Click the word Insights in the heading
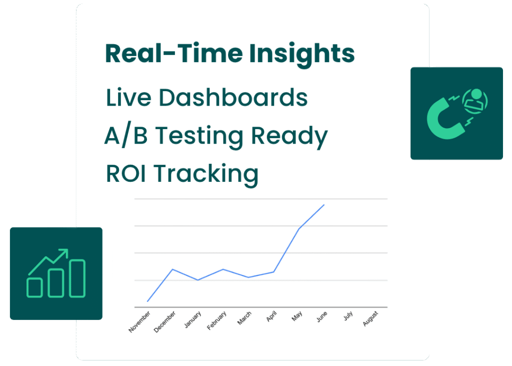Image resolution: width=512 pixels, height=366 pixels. (301, 55)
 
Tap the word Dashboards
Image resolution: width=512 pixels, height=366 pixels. (233, 98)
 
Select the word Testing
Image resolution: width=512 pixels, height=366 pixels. (199, 136)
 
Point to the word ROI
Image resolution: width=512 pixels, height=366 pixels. (125, 173)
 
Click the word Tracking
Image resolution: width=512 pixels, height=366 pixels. (206, 175)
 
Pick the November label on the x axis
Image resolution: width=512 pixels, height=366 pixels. (139, 322)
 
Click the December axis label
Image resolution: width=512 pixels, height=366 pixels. (164, 322)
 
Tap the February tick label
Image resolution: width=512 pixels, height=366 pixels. (216, 320)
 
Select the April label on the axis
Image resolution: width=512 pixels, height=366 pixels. (271, 316)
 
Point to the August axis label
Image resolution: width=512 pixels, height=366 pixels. (370, 318)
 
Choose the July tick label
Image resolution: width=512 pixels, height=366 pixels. (348, 315)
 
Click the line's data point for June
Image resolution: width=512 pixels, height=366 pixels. (324, 205)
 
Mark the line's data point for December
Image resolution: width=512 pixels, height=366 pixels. (172, 269)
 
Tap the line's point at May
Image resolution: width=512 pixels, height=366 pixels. (299, 229)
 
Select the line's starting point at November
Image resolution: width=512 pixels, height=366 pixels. (147, 301)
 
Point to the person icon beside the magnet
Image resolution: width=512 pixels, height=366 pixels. (475, 101)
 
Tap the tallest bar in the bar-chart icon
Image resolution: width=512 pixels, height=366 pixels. (77, 278)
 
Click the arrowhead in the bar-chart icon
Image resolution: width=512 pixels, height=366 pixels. (63, 253)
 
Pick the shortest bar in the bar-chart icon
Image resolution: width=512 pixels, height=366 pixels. (34, 287)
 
